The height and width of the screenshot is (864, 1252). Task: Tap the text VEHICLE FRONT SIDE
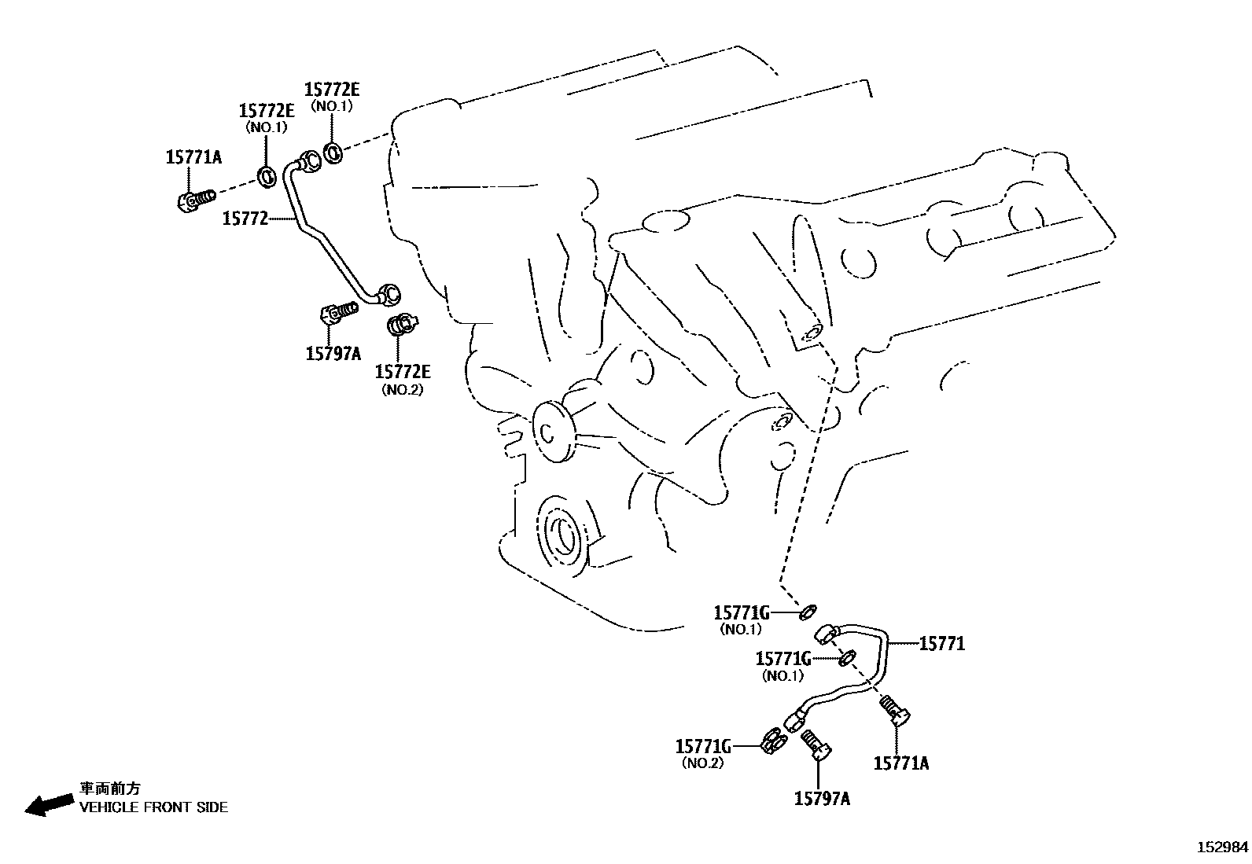153,807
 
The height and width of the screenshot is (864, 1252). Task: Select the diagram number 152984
1222,847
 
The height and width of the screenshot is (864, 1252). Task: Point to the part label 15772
245,219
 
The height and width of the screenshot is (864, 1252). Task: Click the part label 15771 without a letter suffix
941,645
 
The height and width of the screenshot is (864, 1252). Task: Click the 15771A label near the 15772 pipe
193,157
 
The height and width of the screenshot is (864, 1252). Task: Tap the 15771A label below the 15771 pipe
901,763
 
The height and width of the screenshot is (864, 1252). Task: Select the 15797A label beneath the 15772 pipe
333,353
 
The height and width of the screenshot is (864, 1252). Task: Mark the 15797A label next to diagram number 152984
822,799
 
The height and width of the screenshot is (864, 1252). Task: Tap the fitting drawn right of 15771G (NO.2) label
773,741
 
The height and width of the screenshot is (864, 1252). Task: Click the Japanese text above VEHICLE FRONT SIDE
109,789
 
